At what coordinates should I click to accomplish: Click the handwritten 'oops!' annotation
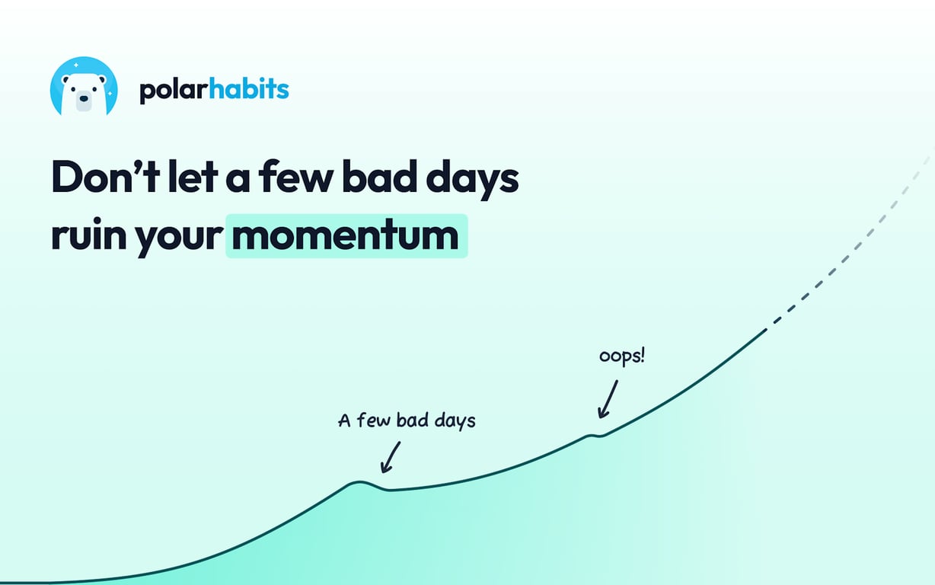pos(621,356)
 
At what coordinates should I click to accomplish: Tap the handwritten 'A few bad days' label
pos(406,420)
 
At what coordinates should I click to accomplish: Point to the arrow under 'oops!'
pos(607,399)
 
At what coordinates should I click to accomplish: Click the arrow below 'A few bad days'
pos(389,457)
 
